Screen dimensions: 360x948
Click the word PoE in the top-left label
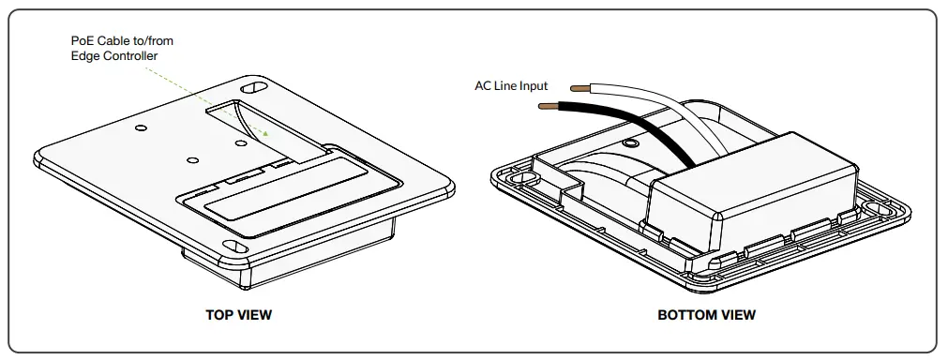83,41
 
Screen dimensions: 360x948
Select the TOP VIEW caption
238,315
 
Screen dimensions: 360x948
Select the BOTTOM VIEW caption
706,315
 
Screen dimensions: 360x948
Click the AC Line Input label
511,86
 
